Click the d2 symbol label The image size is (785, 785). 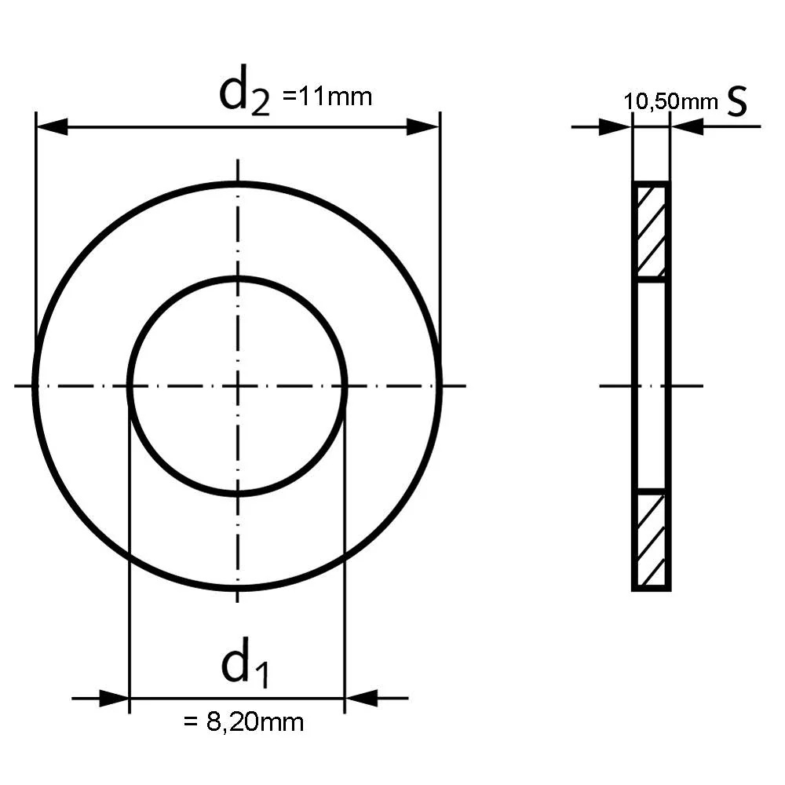tap(245, 93)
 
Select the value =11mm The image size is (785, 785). tap(327, 97)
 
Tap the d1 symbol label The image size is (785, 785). tap(245, 662)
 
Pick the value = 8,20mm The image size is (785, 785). tap(244, 722)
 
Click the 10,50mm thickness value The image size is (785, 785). tap(670, 102)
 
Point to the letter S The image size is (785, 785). tap(736, 100)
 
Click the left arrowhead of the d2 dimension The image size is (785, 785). tap(52, 127)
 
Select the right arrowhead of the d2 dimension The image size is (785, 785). tap(422, 127)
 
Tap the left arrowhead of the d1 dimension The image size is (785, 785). tap(114, 698)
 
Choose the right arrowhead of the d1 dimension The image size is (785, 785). tap(361, 698)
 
